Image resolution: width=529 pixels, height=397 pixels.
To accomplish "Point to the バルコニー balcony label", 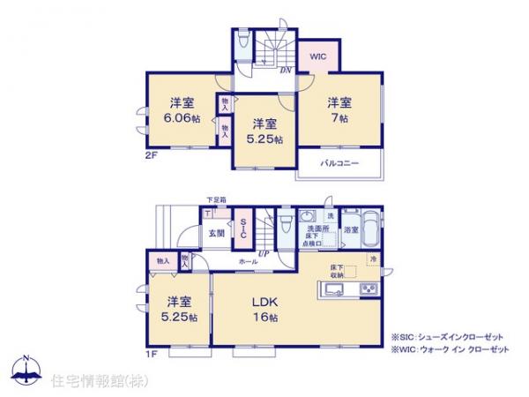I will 339,163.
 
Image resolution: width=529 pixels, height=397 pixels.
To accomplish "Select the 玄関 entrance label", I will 216,233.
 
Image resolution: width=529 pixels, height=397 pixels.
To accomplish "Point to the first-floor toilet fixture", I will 285,225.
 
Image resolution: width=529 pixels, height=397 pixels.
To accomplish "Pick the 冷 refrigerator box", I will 373,258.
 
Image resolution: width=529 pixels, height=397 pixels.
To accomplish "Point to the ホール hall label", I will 248,263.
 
